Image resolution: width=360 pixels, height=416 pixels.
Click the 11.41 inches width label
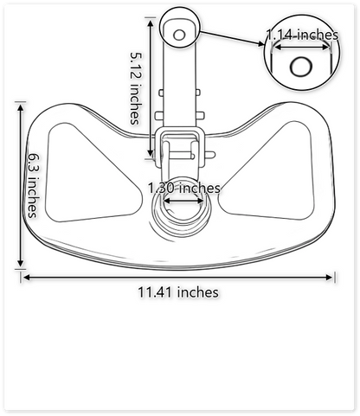(x=177, y=291)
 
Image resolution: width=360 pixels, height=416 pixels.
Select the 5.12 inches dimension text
(x=136, y=86)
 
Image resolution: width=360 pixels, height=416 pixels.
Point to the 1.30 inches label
(x=183, y=188)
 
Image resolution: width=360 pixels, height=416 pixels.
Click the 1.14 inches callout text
(x=302, y=35)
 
